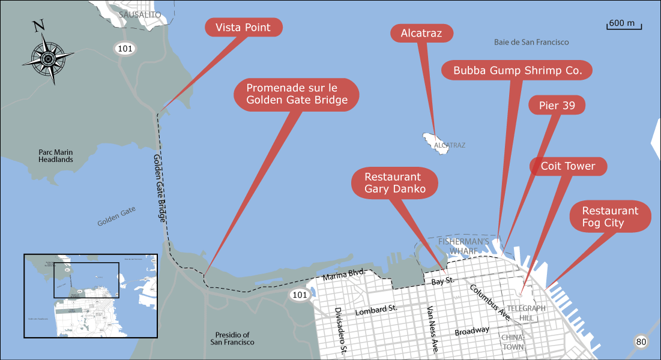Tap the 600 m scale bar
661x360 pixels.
tap(624, 25)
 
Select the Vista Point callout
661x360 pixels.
tap(243, 28)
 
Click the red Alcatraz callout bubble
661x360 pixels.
tap(421, 34)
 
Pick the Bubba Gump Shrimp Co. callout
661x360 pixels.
tap(517, 70)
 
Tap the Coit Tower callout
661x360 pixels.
tap(567, 166)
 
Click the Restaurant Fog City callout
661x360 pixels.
tap(609, 217)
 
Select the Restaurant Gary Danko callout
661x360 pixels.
tap(394, 183)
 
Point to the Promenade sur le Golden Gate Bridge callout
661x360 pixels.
tap(297, 94)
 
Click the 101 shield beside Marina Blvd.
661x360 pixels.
tap(299, 295)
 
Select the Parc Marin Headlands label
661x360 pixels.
tap(56, 156)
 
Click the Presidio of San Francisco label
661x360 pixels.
tap(232, 338)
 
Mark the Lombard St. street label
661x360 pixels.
tap(376, 310)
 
